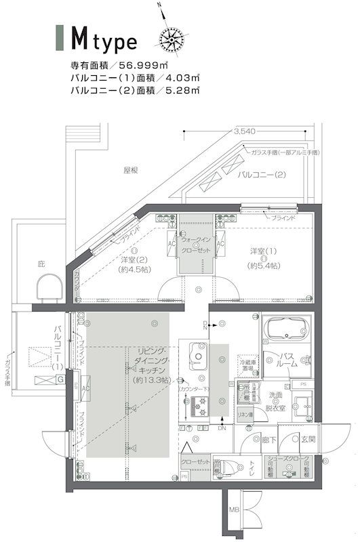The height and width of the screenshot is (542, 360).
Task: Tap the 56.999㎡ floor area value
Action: [144, 66]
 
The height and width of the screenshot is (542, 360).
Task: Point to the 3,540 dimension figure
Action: [243, 131]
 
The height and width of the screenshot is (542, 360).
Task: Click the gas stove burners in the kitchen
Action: [202, 407]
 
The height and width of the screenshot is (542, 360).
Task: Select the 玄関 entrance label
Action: [308, 440]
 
